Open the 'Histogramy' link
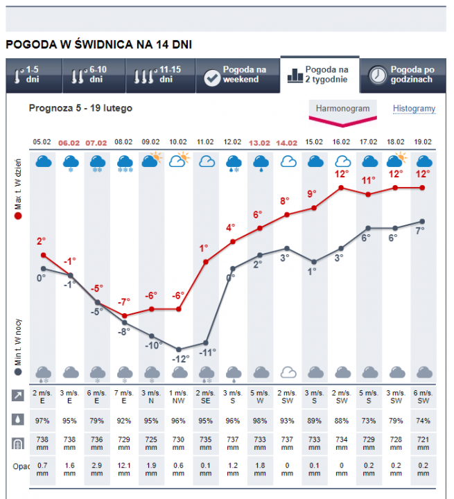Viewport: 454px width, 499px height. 414,109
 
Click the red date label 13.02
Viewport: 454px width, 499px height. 259,142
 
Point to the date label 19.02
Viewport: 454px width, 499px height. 422,142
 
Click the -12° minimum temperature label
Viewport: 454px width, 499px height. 180,359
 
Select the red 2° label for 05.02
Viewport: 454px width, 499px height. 42,241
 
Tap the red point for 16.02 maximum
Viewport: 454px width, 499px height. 341,188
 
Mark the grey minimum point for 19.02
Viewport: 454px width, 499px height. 422,222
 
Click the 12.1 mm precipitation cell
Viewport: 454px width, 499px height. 124,469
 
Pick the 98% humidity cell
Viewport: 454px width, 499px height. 259,420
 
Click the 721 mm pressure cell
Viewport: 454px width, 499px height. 422,444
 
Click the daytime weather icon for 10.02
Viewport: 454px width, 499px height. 179,160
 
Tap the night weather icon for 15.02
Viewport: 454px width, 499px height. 314,373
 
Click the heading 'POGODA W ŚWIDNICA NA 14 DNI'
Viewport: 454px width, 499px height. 98,44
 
